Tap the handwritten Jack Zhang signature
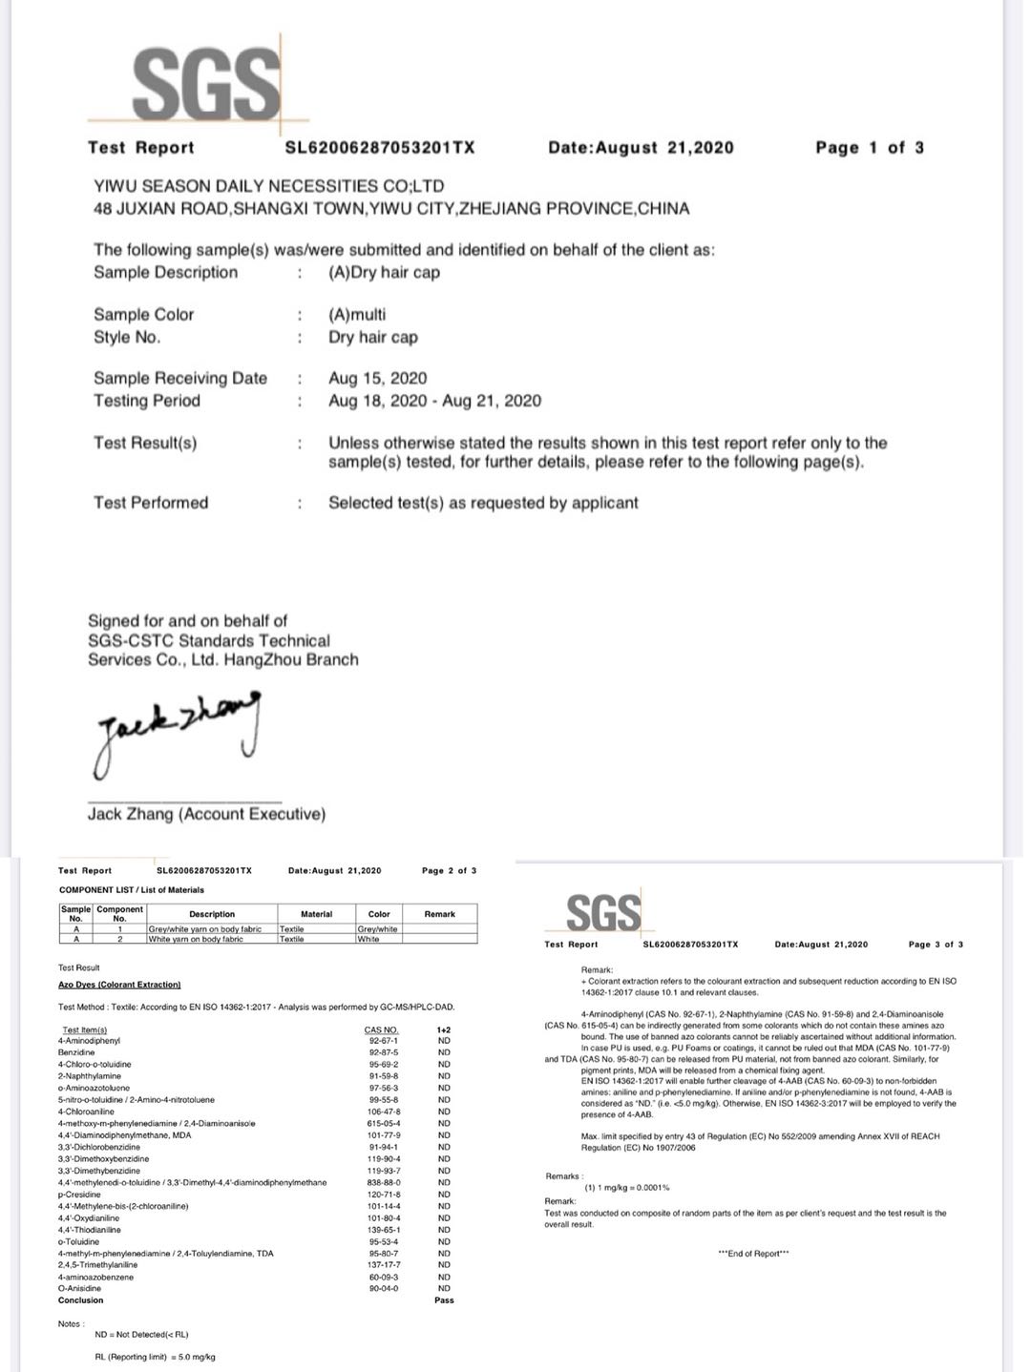(x=177, y=730)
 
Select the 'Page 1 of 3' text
(x=869, y=147)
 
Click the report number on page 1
(x=380, y=147)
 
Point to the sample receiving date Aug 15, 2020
(x=377, y=378)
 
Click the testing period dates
(x=434, y=401)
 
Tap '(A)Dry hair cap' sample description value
(x=384, y=272)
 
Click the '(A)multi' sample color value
(x=357, y=314)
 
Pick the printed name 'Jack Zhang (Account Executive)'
(x=206, y=814)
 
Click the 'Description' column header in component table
(x=212, y=914)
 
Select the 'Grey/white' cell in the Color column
(x=377, y=928)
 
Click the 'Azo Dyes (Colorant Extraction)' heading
(x=119, y=984)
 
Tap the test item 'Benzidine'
(x=76, y=1052)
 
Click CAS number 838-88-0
(x=382, y=1183)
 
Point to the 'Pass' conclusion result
(x=444, y=1300)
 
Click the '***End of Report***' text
(x=753, y=1253)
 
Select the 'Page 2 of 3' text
(x=449, y=870)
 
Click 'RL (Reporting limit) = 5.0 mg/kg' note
(x=155, y=1357)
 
